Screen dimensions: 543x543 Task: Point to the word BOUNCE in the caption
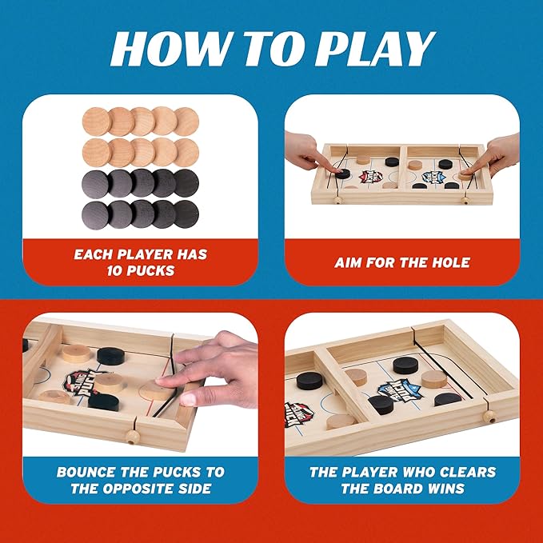click(x=90, y=472)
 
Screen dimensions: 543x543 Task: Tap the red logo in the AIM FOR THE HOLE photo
click(x=370, y=176)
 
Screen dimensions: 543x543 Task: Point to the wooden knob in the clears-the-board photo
click(x=491, y=417)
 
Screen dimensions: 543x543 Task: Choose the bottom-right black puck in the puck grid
click(x=186, y=213)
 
